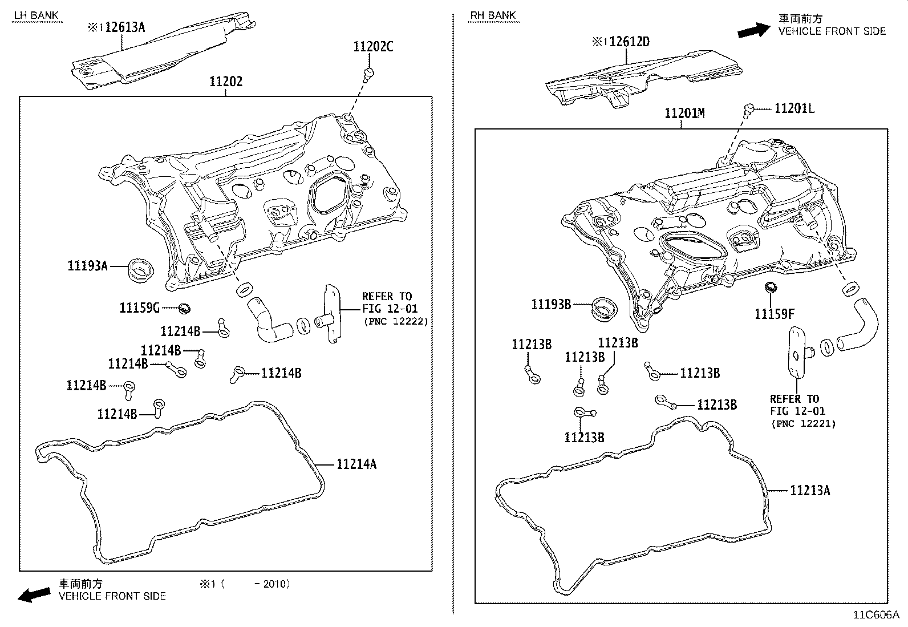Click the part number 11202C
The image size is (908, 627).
pos(373,47)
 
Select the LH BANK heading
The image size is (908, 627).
pos(36,15)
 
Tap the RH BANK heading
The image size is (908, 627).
pos(493,15)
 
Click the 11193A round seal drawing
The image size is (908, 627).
pos(140,269)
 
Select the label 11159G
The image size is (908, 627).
pos(139,308)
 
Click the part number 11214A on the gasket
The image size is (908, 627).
pos(356,464)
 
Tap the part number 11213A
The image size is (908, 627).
pos(810,490)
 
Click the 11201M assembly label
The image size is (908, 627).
pos(684,114)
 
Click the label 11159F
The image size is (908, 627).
pos(775,314)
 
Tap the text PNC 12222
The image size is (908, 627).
pos(396,321)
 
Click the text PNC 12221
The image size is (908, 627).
pos(803,423)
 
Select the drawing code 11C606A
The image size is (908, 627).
pos(875,615)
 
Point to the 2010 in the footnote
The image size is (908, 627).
pos(275,584)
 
